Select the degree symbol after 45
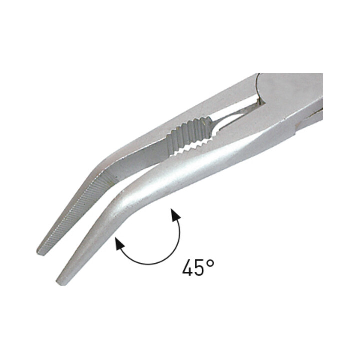(210, 264)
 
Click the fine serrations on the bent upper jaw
(76, 211)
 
